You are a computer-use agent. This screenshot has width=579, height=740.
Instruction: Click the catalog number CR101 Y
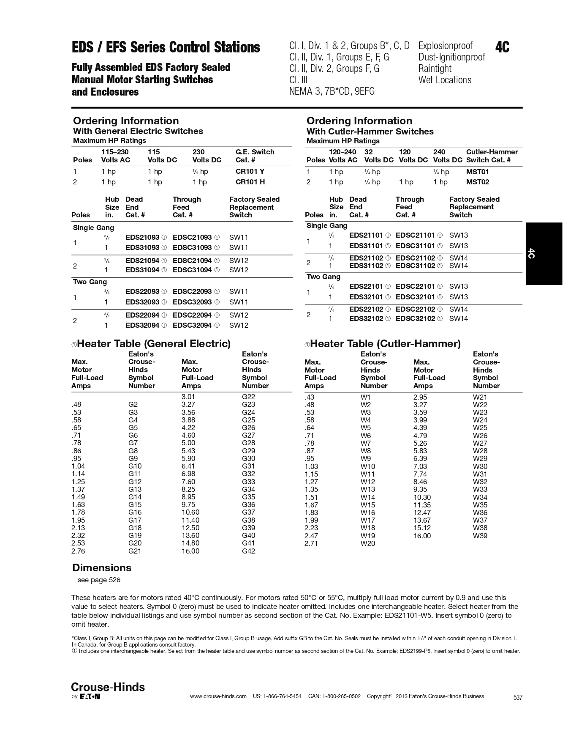250,171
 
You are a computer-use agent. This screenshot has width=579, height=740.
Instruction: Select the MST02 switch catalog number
478,182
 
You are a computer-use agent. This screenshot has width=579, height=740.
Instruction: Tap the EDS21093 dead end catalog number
142,237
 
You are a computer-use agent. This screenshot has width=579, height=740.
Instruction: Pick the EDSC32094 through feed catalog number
192,325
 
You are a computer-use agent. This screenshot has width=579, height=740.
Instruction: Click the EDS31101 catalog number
366,246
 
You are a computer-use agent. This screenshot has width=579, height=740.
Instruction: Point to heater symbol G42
248,551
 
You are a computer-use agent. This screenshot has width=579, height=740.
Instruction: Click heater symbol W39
480,536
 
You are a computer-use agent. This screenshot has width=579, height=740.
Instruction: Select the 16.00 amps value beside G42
190,551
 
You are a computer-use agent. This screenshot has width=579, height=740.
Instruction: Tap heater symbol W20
367,543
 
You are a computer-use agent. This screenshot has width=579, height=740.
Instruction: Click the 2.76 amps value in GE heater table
78,551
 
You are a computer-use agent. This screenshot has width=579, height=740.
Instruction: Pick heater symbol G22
248,397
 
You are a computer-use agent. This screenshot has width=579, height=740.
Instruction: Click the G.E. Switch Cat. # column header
255,156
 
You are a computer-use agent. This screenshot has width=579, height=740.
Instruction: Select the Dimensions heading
102,567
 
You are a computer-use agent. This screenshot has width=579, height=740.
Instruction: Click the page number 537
518,697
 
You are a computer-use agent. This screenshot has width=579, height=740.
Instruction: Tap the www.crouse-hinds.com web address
218,696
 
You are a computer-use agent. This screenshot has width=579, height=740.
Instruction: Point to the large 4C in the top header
502,47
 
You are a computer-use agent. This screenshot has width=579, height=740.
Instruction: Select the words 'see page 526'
99,580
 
